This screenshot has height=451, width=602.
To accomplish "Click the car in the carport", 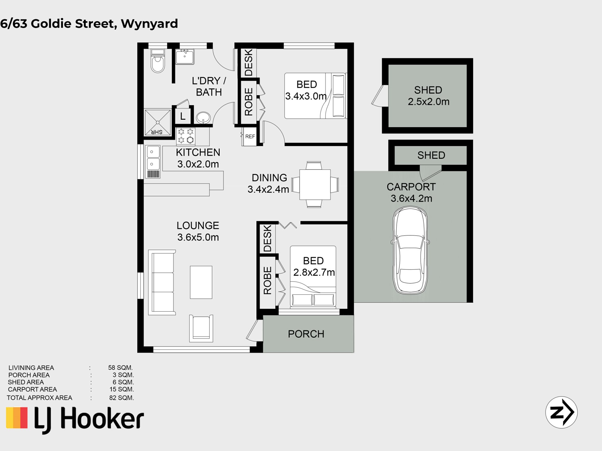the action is [x=410, y=251].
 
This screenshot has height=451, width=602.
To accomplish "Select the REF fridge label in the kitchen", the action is [x=250, y=137].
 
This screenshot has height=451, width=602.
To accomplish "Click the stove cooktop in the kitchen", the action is [x=186, y=136].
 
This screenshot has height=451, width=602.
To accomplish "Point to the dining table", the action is [x=315, y=184].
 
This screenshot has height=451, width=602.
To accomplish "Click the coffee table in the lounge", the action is [x=201, y=282].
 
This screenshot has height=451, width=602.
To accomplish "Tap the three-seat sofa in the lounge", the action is [x=162, y=282].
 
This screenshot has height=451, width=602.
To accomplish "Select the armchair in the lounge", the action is [x=201, y=328].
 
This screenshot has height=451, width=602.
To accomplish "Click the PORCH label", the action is [x=306, y=334].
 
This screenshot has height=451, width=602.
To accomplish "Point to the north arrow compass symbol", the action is [x=561, y=412].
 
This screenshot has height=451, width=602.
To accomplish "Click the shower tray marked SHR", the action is [x=157, y=122].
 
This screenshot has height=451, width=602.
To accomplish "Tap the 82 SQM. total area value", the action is [x=122, y=398].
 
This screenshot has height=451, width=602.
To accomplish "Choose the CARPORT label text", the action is [x=411, y=187].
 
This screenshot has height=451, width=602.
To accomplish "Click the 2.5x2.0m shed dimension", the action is [x=429, y=102].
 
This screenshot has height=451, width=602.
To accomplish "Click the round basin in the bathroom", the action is [x=203, y=118].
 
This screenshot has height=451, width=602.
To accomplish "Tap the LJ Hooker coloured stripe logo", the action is [x=17, y=417].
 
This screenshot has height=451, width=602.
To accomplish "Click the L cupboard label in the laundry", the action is [x=183, y=117].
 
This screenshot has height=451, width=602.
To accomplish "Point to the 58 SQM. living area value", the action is [x=120, y=368].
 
